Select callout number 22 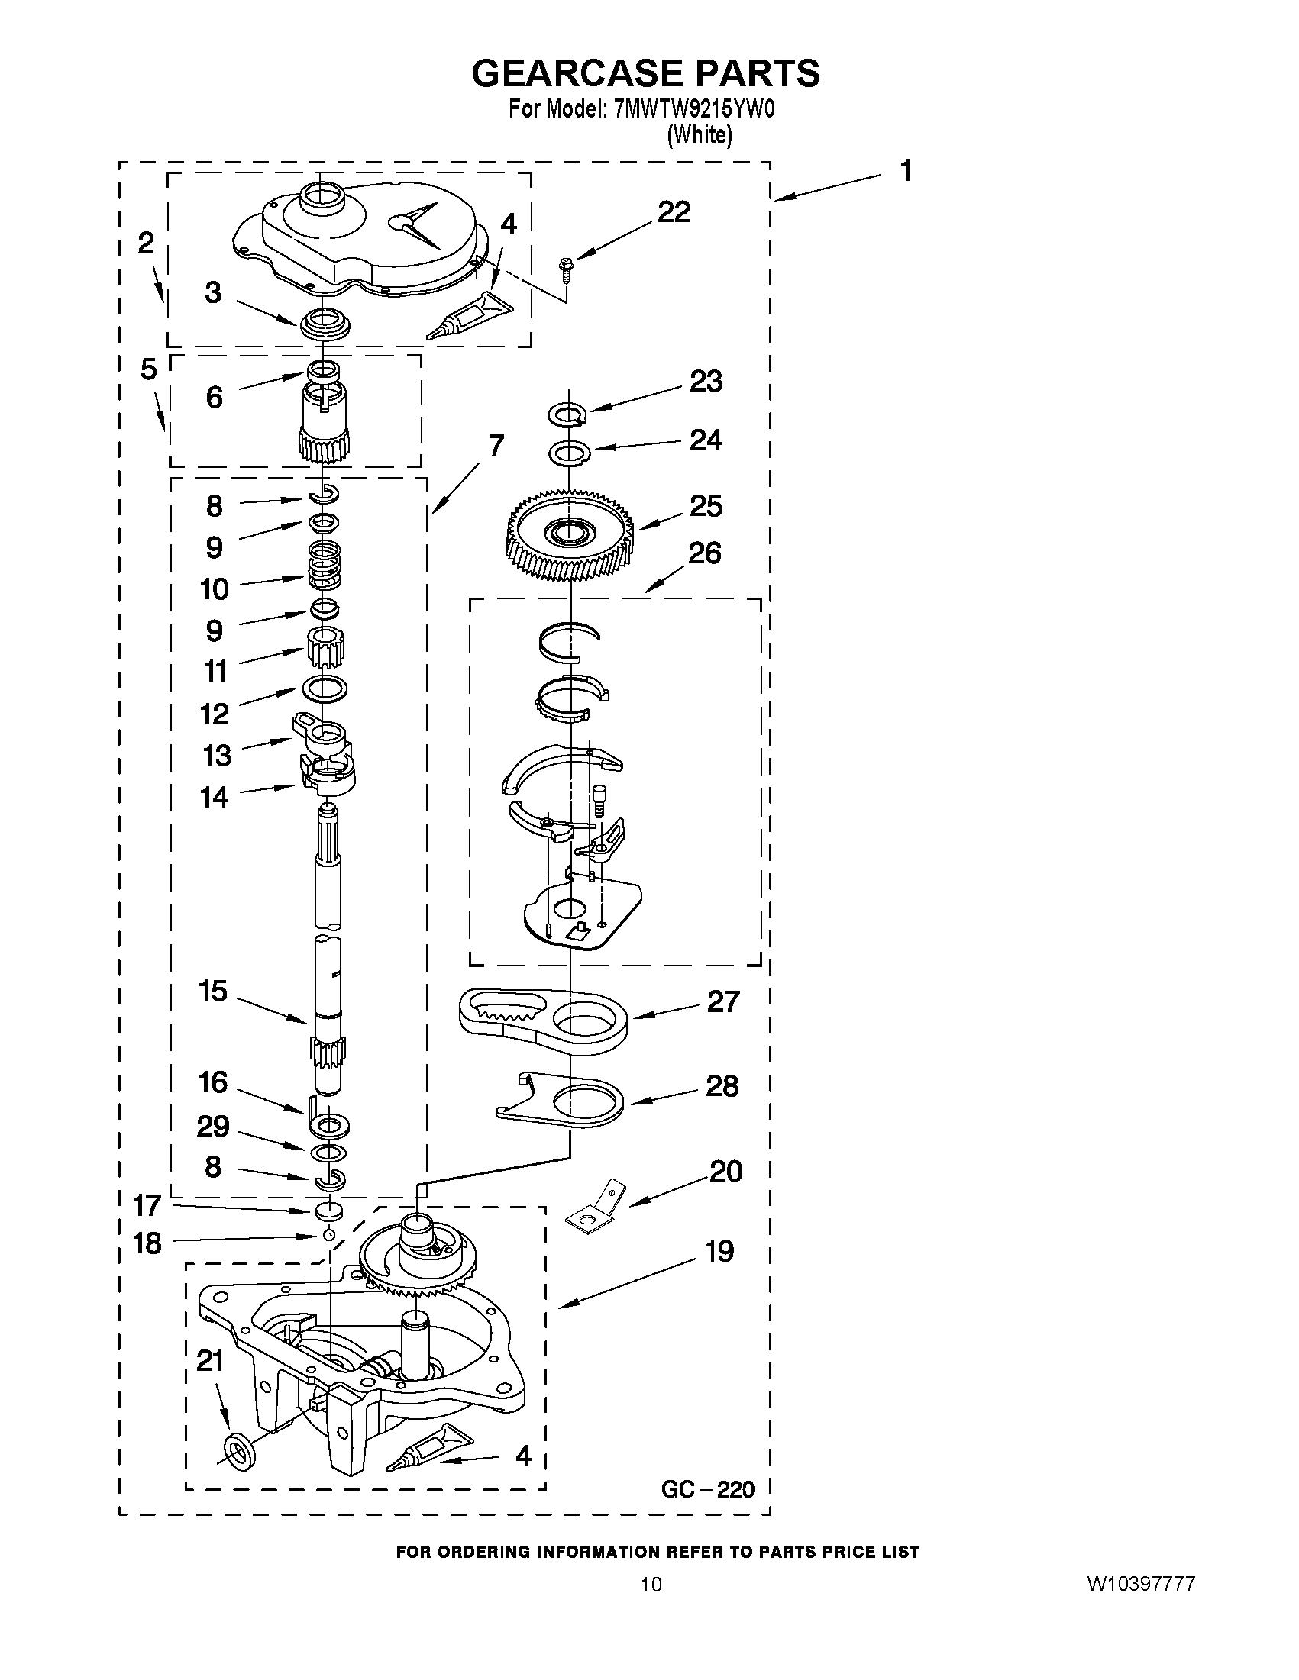(x=674, y=212)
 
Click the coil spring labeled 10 (x=325, y=572)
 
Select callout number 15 (x=213, y=992)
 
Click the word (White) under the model (x=699, y=135)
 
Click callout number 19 (x=719, y=1253)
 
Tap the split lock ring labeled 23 (x=567, y=414)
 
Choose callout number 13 (x=216, y=756)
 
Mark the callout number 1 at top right (x=906, y=171)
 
